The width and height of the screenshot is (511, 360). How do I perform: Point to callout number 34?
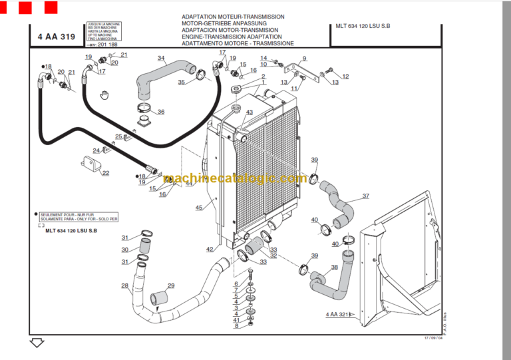161,58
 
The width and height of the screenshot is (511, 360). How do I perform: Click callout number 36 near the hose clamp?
160,112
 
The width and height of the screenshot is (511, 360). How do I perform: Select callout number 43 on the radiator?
249,112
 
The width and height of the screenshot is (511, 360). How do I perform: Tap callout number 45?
199,208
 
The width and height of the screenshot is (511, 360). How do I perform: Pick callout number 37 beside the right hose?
365,196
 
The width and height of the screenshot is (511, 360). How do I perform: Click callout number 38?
334,268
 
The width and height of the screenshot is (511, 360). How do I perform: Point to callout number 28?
124,286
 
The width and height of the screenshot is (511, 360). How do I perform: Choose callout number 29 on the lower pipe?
171,286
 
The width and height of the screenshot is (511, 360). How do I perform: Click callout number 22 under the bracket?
105,173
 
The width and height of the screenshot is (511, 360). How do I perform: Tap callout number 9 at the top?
304,59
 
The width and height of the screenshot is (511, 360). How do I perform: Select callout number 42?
210,250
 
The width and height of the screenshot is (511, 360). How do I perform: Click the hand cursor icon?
103,95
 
